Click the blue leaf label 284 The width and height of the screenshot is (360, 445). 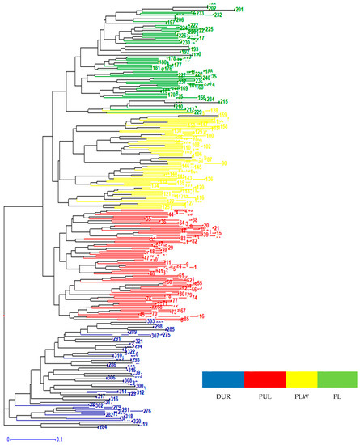102,426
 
